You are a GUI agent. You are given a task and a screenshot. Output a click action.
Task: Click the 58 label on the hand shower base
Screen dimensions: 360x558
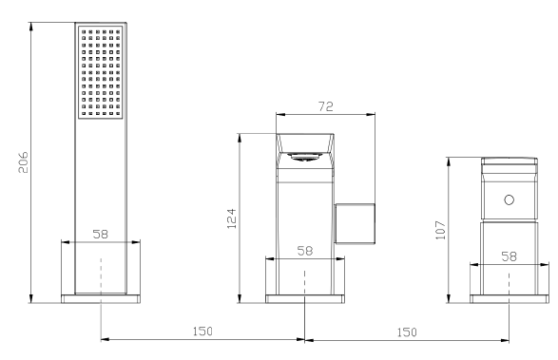(x=101, y=233)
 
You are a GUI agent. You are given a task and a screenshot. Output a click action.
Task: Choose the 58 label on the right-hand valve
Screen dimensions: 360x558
(x=509, y=256)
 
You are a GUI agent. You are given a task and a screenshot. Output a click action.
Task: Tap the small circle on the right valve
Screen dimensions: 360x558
(x=509, y=200)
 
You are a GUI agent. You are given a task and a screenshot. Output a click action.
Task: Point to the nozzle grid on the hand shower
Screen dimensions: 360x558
(x=101, y=72)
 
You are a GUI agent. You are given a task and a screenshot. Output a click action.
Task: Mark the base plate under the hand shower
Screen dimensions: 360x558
(x=101, y=297)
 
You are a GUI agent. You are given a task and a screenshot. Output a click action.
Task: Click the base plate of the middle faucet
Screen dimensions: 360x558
(x=304, y=297)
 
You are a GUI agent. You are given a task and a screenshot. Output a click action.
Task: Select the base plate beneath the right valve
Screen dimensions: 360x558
(x=509, y=297)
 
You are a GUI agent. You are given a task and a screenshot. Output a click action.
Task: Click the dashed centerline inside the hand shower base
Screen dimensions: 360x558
(x=101, y=271)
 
